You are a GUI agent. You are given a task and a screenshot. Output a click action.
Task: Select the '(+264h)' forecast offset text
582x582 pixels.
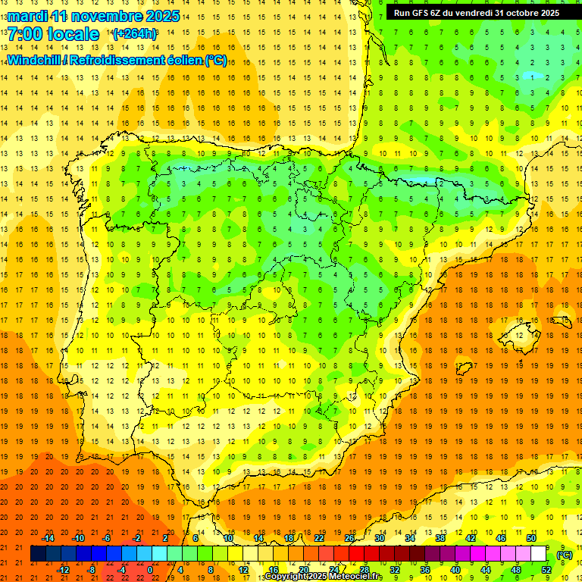tap(135, 34)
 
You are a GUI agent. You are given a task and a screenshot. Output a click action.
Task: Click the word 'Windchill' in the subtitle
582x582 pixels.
tap(34, 61)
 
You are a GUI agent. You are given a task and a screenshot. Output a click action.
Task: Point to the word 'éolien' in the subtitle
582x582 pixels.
tap(182, 61)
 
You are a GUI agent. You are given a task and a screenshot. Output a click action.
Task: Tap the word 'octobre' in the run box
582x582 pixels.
tap(518, 13)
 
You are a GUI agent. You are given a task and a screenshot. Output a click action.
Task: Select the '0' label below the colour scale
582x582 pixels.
tap(150, 570)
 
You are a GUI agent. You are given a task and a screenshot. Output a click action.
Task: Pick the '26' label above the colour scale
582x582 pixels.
tap(349, 538)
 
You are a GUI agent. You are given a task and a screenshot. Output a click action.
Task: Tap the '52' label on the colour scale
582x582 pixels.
tap(546, 570)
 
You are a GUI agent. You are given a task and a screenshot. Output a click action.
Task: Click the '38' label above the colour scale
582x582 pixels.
tap(440, 538)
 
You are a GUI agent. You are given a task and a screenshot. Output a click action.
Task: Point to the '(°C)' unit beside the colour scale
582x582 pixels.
tap(564, 555)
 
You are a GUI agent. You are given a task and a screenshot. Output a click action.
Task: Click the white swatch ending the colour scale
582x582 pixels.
tap(539, 554)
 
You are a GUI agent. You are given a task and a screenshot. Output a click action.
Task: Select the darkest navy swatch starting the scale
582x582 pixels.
tap(38, 554)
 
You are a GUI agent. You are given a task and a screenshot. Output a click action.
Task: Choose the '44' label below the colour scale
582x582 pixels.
tap(485, 570)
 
